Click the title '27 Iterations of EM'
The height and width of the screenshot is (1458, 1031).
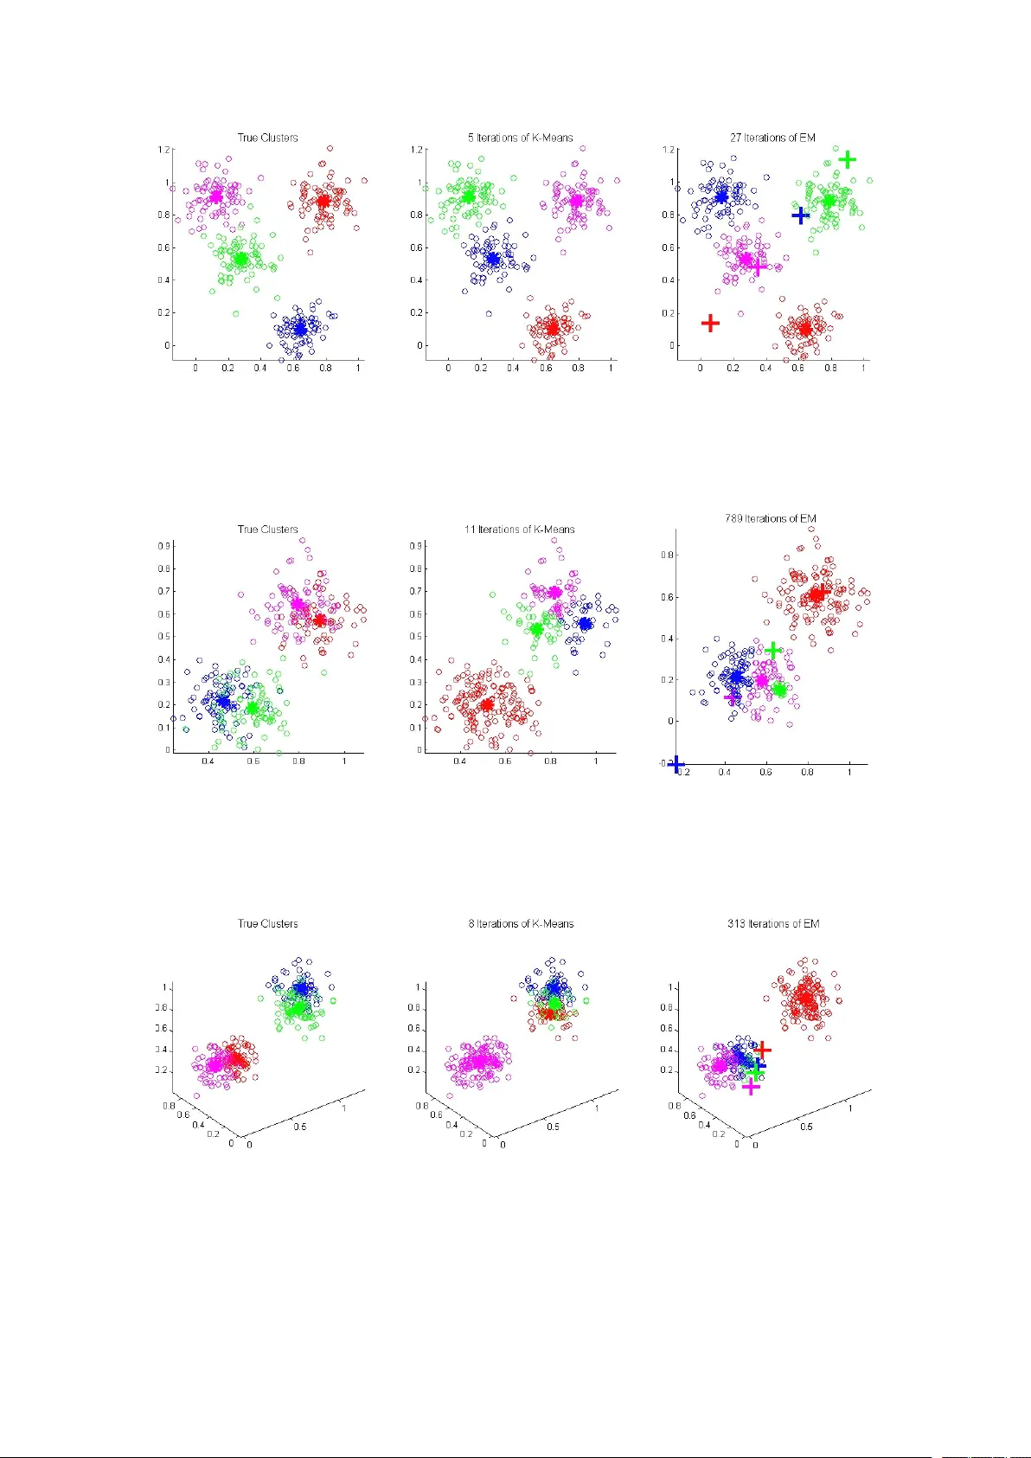(x=772, y=138)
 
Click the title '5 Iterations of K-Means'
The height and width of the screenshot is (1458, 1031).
(x=520, y=138)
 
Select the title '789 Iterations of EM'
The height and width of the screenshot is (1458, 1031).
(x=770, y=518)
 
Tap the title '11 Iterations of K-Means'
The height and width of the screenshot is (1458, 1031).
(x=519, y=529)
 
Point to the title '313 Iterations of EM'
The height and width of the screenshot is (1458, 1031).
(x=772, y=923)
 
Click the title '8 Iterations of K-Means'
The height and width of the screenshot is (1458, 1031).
(x=521, y=923)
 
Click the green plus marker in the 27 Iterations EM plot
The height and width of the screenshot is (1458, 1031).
(x=848, y=159)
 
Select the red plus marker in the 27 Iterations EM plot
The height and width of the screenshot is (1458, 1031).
(x=710, y=324)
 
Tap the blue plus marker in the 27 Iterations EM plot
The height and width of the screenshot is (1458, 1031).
(x=801, y=215)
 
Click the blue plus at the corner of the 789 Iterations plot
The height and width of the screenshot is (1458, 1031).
(x=676, y=765)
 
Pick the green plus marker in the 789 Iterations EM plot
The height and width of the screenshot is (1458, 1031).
(x=773, y=650)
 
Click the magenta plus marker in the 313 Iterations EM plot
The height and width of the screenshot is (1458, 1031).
(x=751, y=1087)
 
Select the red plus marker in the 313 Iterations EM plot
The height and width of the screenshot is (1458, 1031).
(x=762, y=1050)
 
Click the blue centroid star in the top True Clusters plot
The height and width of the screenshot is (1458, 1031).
(x=299, y=329)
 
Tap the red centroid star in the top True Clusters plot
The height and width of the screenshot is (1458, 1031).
(x=323, y=201)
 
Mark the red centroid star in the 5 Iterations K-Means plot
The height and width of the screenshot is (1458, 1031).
(x=553, y=328)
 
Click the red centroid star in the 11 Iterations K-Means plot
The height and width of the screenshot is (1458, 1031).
(x=486, y=704)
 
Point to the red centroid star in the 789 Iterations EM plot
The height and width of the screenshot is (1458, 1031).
(x=816, y=594)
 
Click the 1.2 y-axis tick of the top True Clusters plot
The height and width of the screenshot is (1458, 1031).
(x=163, y=150)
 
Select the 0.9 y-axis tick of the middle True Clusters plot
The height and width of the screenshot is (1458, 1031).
(x=163, y=546)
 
